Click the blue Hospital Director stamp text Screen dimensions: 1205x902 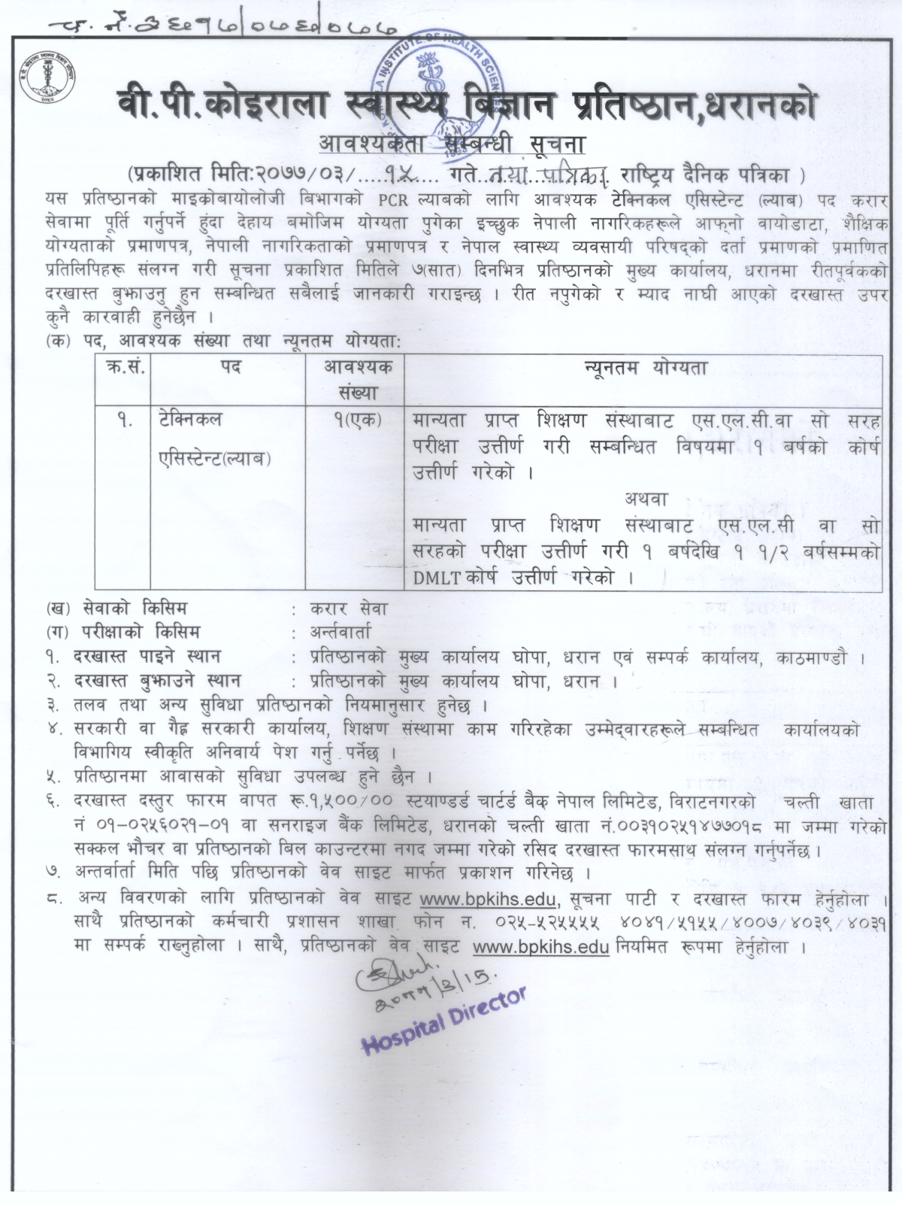(443, 1021)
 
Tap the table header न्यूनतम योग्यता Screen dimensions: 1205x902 (645, 369)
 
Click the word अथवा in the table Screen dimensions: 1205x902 (645, 498)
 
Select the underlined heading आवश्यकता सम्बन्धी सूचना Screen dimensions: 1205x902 (451, 143)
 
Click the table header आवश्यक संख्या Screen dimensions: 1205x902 (357, 380)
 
